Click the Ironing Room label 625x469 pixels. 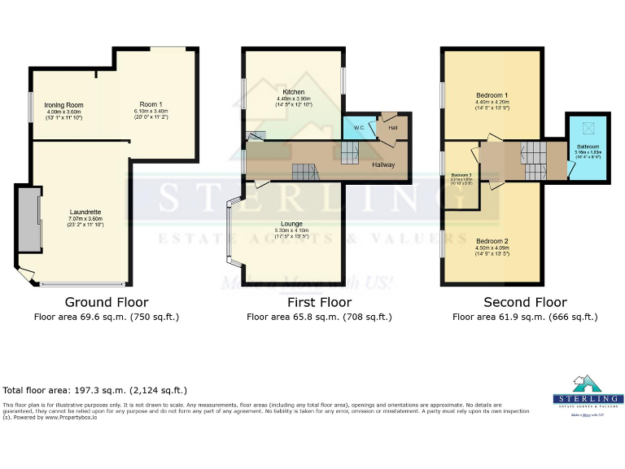pos(63,105)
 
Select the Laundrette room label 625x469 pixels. pos(85,212)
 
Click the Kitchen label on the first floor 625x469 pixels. pos(294,92)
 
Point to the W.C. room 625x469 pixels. pos(358,128)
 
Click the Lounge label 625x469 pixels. pos(291,224)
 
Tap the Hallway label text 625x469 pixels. pos(383,165)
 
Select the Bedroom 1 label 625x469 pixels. pos(492,96)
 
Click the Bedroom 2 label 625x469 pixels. pos(492,242)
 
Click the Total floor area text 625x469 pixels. pos(95,391)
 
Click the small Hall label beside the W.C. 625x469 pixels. pos(392,128)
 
